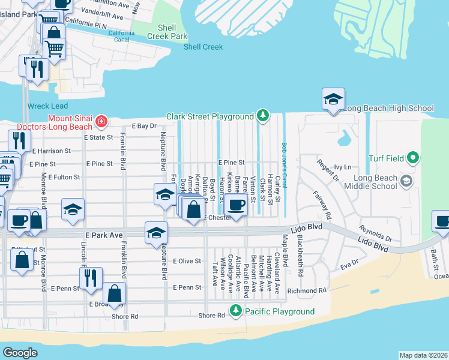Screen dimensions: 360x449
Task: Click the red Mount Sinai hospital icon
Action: pos(102,122)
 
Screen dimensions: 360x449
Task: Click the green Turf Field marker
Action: pos(412,158)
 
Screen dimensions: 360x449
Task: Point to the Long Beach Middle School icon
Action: pos(406,181)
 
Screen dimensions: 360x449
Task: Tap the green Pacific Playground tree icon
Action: pos(236,311)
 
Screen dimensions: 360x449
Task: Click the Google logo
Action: pos(20,353)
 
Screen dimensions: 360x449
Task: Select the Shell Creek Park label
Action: pos(172,32)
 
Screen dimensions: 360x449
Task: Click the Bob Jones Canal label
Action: pos(284,163)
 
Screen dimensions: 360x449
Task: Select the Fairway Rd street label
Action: pos(322,205)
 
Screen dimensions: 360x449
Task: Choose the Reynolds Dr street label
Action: pos(375,231)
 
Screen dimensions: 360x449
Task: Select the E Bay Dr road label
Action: pos(144,126)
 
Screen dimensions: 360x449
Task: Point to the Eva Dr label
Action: pos(349,263)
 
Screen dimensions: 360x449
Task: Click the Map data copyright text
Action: pos(423,355)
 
